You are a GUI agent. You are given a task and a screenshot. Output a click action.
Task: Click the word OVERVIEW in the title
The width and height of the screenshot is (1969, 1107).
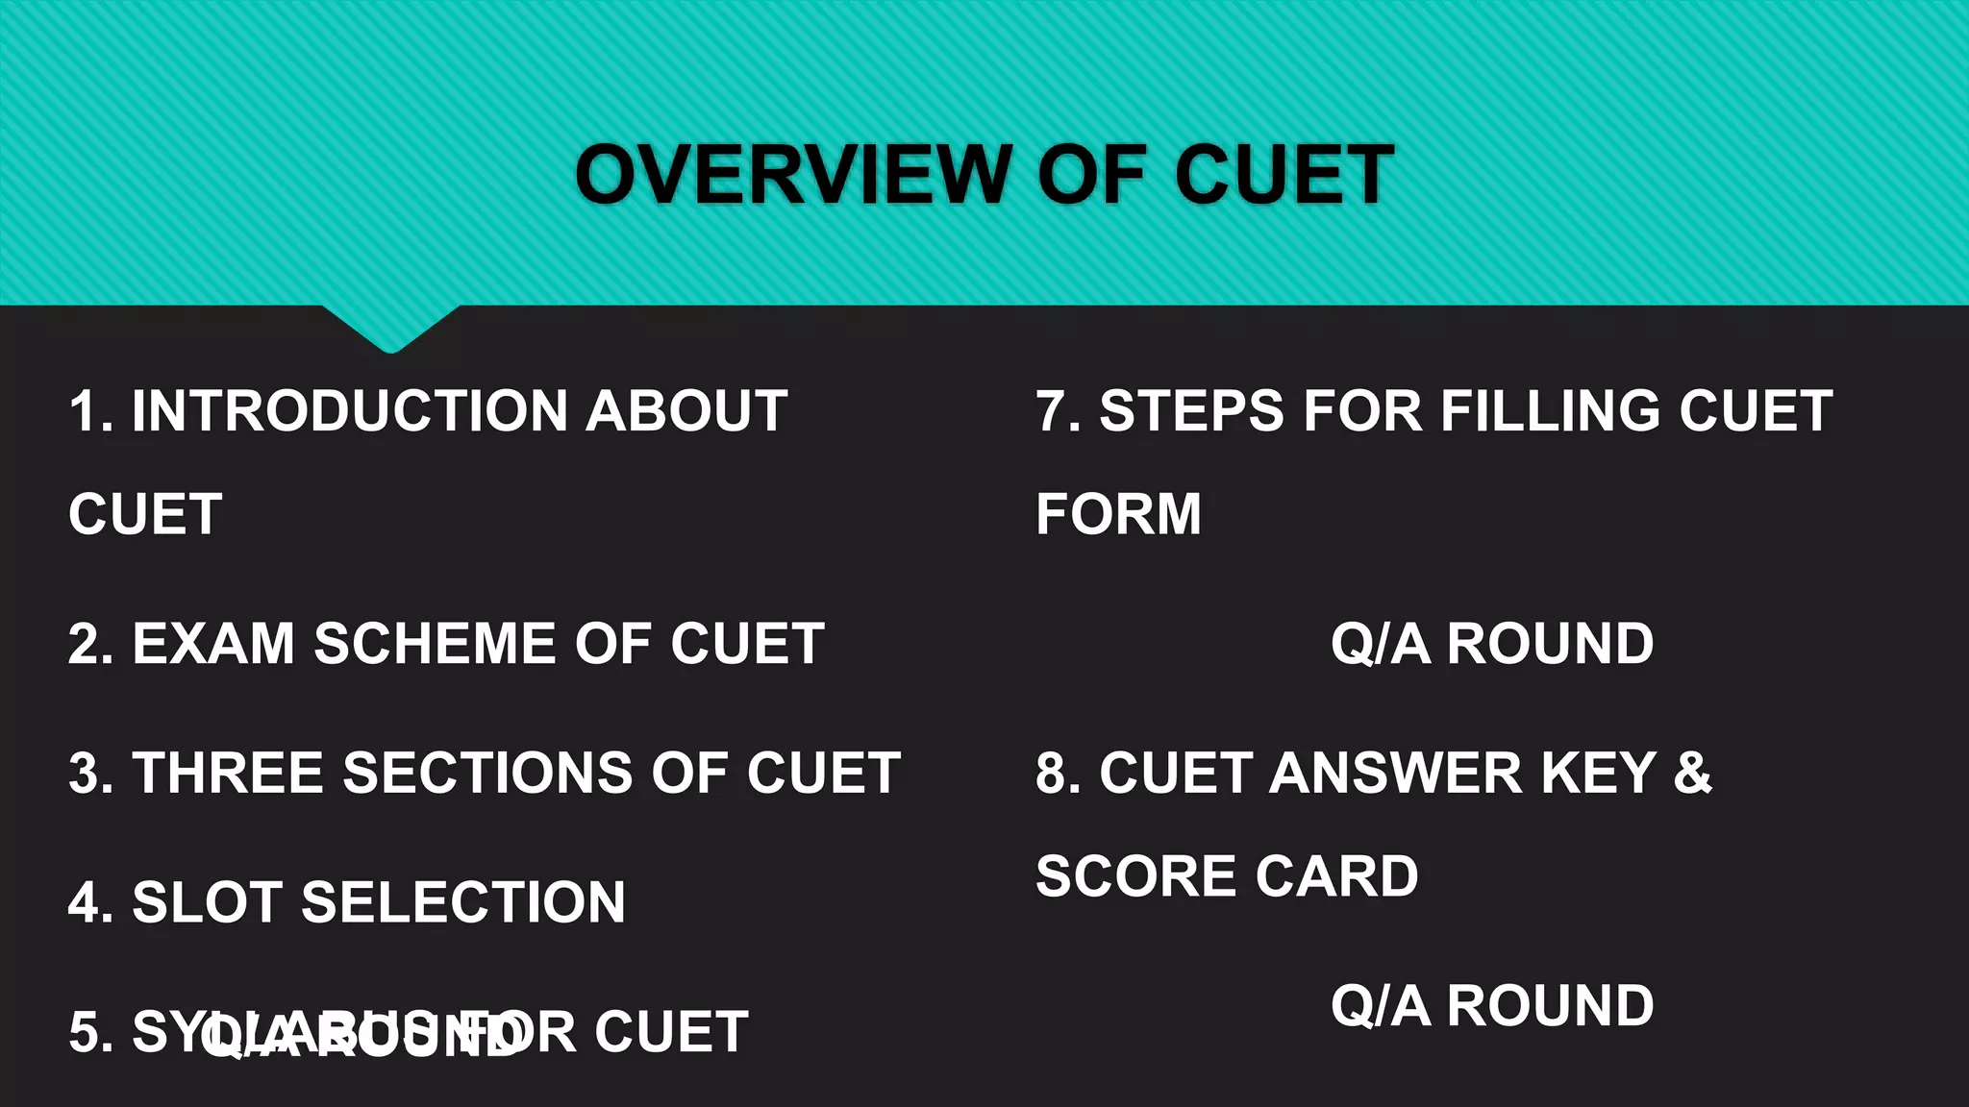[794, 175]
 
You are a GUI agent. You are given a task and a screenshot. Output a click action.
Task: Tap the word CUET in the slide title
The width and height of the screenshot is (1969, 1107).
[1284, 175]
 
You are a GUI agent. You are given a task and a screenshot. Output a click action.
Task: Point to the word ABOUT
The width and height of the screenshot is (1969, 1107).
[686, 411]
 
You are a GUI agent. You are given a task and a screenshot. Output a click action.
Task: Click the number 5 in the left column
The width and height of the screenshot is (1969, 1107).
[85, 1033]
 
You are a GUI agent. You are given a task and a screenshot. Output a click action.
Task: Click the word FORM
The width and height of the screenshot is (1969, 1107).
[1118, 514]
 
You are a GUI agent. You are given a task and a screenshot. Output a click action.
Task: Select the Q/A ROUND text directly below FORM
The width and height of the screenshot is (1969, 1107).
[1492, 644]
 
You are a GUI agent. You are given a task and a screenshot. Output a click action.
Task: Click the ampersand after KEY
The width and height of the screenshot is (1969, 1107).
[1692, 774]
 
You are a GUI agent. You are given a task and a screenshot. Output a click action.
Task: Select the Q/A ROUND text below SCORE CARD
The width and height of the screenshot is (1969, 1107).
[1492, 1006]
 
